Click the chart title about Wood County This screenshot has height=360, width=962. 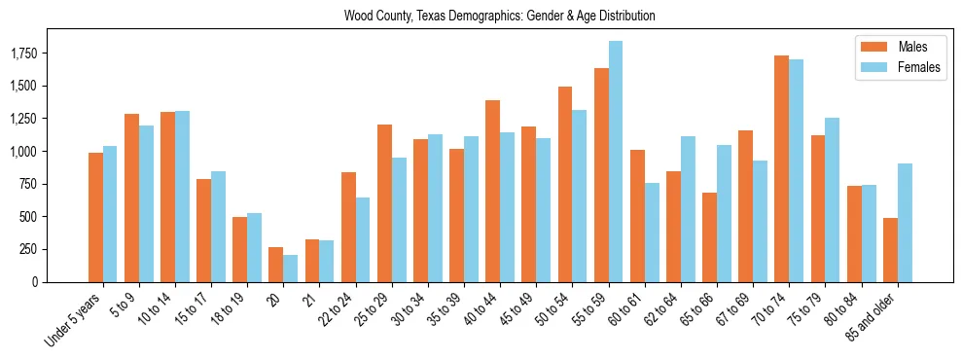[499, 17]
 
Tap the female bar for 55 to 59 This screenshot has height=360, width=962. [616, 162]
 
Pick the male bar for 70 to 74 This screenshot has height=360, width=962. [782, 168]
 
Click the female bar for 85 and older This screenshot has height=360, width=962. [905, 223]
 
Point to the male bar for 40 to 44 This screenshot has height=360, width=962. [493, 191]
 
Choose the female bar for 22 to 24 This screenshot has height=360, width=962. [363, 239]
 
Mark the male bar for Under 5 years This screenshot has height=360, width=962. [95, 217]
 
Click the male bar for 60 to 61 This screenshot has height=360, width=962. [637, 216]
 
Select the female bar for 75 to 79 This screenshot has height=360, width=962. [833, 199]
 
